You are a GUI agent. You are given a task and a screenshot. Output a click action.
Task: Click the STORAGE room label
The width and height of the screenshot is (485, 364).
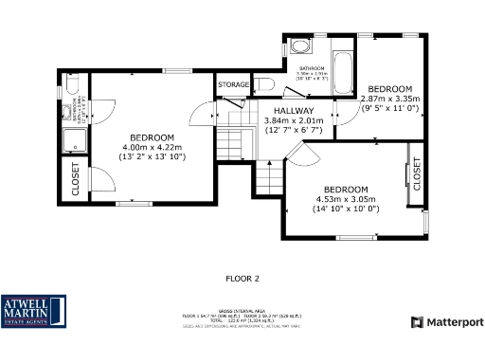(x=234, y=85)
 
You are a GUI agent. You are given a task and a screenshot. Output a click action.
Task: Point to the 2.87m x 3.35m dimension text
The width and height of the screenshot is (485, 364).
(x=389, y=99)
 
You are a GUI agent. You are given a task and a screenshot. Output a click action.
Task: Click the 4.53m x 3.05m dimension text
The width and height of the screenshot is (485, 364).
(x=345, y=199)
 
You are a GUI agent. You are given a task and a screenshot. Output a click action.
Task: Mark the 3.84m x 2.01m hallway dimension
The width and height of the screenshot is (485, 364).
(x=293, y=120)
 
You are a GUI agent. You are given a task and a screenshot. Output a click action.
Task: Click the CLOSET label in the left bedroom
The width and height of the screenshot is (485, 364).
(x=76, y=178)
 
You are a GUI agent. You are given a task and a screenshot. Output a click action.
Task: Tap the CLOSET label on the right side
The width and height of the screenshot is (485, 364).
(x=417, y=173)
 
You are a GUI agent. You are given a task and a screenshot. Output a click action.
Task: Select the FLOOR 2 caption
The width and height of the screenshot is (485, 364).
(x=242, y=279)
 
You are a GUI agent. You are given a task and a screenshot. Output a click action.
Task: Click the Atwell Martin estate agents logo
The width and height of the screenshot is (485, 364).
(x=34, y=311)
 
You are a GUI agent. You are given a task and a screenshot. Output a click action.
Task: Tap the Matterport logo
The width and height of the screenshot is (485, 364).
(x=447, y=322)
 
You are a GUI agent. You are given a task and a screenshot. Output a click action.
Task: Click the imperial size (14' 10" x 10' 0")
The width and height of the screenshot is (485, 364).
(x=345, y=209)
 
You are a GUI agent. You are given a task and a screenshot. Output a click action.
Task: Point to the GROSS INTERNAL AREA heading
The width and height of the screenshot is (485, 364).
(x=242, y=310)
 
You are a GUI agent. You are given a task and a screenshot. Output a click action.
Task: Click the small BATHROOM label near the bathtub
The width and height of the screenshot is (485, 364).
(x=313, y=68)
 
